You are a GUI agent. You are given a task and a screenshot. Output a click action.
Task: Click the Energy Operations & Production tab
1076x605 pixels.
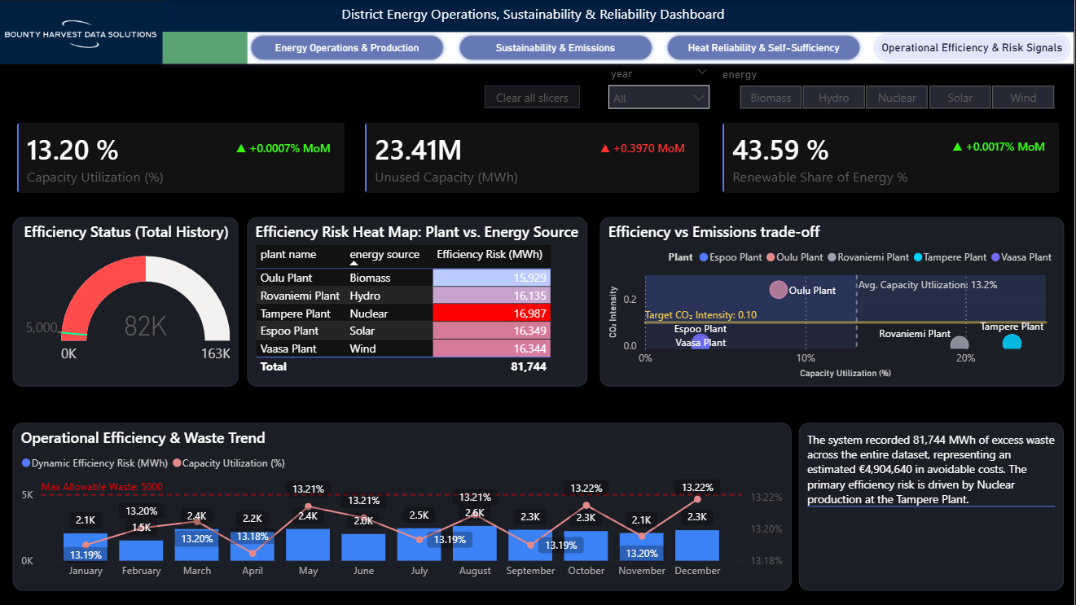click(x=346, y=48)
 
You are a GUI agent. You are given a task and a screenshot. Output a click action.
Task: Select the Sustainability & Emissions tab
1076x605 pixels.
click(x=555, y=48)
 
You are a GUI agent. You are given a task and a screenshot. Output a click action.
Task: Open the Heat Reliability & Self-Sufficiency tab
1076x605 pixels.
click(x=763, y=48)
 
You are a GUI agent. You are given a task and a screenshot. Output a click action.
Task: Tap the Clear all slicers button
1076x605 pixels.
click(x=532, y=98)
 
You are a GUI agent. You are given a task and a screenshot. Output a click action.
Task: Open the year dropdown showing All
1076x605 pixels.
click(x=658, y=98)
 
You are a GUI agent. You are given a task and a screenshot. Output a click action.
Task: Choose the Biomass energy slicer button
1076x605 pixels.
click(x=771, y=98)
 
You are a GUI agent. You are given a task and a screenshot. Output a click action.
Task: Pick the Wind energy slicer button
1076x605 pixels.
click(x=1022, y=98)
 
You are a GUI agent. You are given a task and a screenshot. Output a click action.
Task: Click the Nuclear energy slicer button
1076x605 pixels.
click(x=897, y=98)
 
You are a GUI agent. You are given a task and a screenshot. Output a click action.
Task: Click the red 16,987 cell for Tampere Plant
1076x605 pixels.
click(x=491, y=313)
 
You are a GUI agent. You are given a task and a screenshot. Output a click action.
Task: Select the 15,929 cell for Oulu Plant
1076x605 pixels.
click(x=491, y=278)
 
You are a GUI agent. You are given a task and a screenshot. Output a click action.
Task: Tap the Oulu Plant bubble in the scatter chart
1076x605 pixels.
click(x=779, y=289)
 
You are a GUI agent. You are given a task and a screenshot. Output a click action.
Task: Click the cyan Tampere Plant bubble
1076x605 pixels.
click(x=1012, y=343)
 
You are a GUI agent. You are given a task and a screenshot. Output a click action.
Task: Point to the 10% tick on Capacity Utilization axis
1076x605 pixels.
click(x=805, y=358)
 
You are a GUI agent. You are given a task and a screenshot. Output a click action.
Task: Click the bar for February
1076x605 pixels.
click(x=141, y=550)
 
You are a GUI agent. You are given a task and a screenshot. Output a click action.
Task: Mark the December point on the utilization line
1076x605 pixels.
click(x=697, y=498)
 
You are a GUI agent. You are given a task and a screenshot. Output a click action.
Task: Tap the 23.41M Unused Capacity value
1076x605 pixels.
click(x=418, y=151)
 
